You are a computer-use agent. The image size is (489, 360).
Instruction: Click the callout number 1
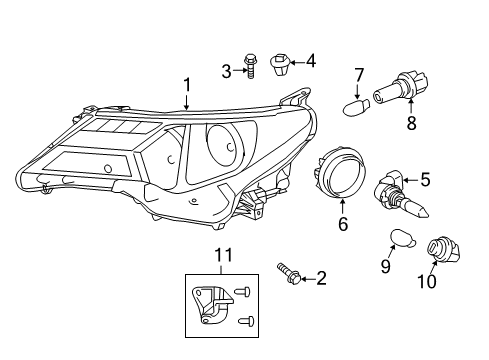(x=185, y=86)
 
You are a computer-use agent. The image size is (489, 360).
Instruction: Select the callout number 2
(x=321, y=277)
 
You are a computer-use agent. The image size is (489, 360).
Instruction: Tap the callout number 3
(x=226, y=69)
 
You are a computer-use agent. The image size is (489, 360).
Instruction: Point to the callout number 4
(x=311, y=61)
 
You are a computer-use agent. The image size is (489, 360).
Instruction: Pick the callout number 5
(x=424, y=180)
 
